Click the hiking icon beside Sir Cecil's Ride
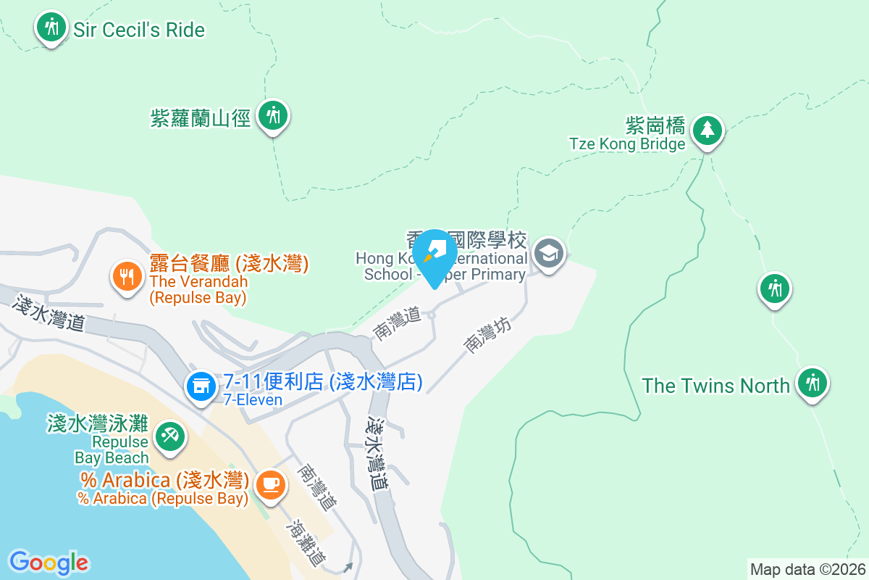point(50,28)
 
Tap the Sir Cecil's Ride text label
point(139,30)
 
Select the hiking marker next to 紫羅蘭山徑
point(273,115)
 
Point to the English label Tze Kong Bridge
point(627,144)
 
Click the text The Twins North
point(715,385)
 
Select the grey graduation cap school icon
point(549,254)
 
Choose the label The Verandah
point(198,281)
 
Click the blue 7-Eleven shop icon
point(201,384)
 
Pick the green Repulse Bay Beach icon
point(170,436)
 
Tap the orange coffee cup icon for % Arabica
point(270,482)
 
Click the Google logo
point(49,563)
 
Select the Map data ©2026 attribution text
point(807,569)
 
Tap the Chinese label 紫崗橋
point(655,126)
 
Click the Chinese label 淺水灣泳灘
point(97,422)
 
